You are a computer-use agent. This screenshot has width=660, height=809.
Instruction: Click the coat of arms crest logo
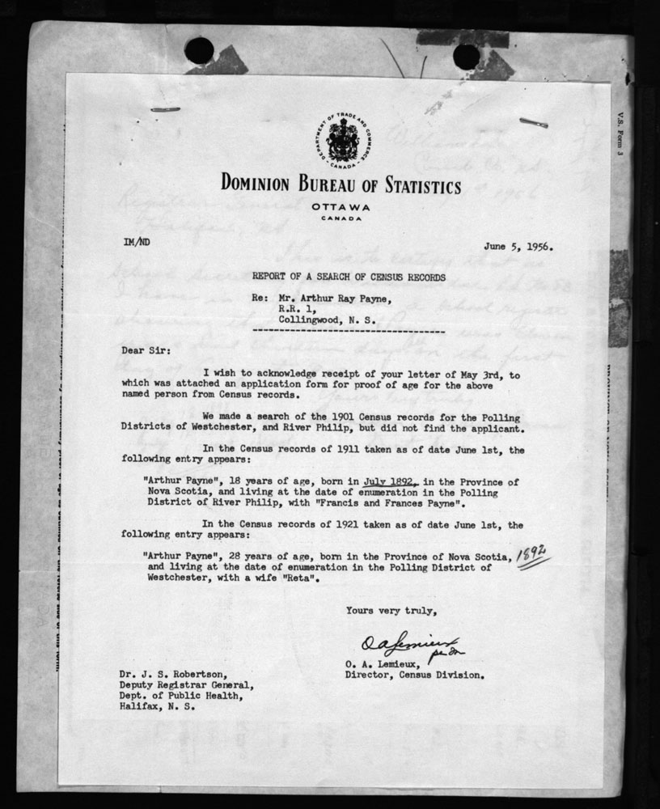[x=344, y=138]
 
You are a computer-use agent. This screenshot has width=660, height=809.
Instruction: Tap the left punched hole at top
[x=199, y=50]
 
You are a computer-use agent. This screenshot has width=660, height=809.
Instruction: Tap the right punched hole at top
[x=466, y=56]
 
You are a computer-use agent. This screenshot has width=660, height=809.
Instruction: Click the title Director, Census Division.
[x=414, y=674]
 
